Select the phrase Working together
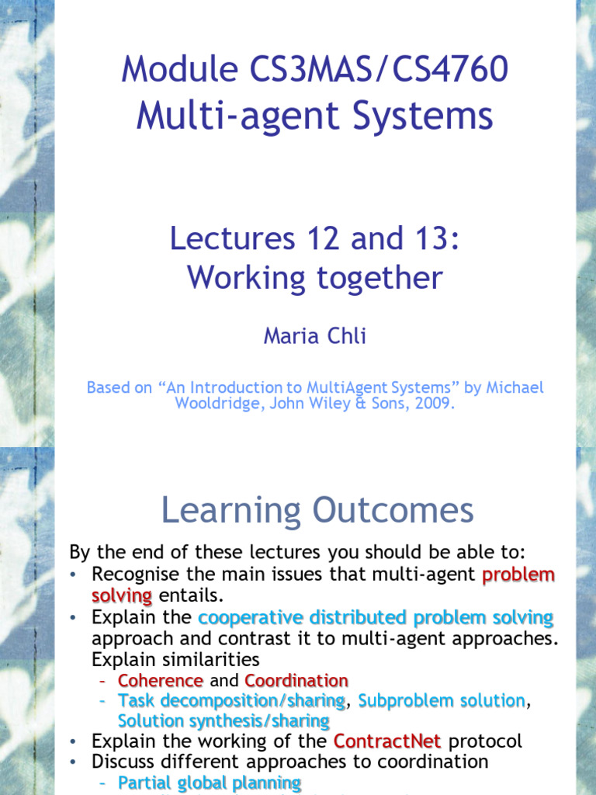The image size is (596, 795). (314, 278)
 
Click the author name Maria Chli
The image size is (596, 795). (314, 336)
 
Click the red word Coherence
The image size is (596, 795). (161, 681)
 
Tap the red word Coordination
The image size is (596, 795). (296, 681)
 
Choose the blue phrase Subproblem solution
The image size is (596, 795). (442, 701)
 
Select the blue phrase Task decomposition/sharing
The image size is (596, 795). (231, 701)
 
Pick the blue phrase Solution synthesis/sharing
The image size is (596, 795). (223, 721)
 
